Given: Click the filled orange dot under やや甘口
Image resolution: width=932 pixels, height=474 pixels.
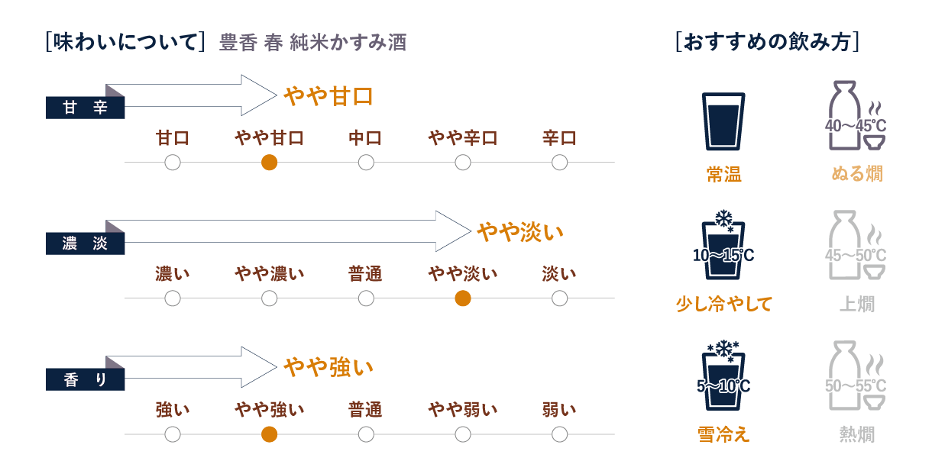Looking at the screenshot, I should pyautogui.click(x=269, y=163).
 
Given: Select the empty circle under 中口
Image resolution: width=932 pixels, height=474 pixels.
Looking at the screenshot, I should pyautogui.click(x=366, y=163).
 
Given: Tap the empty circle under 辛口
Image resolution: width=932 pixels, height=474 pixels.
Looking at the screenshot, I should pyautogui.click(x=559, y=163).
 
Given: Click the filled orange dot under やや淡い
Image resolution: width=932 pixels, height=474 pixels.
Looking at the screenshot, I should pyautogui.click(x=462, y=298).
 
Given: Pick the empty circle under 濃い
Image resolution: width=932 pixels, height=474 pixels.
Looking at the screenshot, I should pyautogui.click(x=173, y=298).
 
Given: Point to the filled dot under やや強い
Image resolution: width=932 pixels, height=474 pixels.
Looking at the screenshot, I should pyautogui.click(x=269, y=434).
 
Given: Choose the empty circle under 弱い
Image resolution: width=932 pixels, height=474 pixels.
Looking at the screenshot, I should pyautogui.click(x=559, y=434).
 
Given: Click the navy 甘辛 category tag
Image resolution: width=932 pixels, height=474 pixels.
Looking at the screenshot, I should pyautogui.click(x=85, y=108).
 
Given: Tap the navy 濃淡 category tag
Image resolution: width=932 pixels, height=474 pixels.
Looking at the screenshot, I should pyautogui.click(x=85, y=243).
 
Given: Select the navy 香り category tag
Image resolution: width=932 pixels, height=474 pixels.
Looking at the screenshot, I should pyautogui.click(x=85, y=379).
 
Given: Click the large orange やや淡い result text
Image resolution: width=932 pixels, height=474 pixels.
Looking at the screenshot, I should pyautogui.click(x=520, y=231).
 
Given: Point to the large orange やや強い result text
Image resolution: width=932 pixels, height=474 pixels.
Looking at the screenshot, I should pyautogui.click(x=328, y=367).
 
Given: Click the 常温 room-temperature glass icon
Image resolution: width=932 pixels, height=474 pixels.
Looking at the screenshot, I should pyautogui.click(x=723, y=121).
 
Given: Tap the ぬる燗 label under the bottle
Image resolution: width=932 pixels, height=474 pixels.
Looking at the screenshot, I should pyautogui.click(x=857, y=174).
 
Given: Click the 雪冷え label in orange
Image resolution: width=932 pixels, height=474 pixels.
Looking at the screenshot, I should pyautogui.click(x=723, y=434).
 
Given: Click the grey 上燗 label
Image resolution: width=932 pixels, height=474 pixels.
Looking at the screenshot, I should pyautogui.click(x=857, y=304).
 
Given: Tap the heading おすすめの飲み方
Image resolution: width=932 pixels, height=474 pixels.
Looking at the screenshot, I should pyautogui.click(x=768, y=41).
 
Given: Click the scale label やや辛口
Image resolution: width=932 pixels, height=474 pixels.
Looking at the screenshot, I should pyautogui.click(x=462, y=138).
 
